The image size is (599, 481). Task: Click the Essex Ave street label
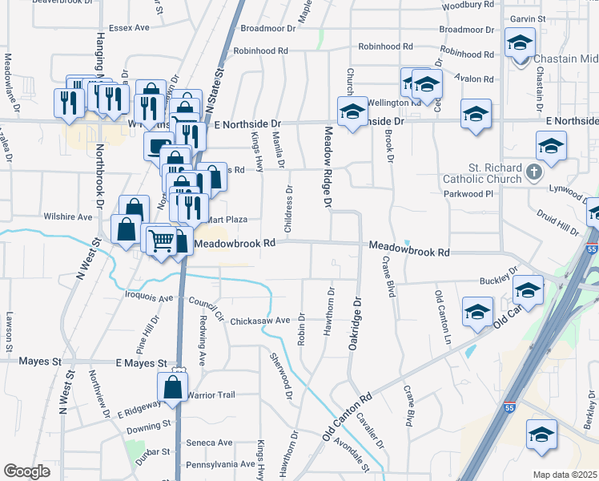130,27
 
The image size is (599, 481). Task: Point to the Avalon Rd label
472,79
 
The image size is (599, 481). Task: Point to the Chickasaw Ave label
259,321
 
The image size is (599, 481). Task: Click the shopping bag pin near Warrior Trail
174,387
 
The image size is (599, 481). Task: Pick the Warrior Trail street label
211,395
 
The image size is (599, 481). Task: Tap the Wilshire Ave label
68,216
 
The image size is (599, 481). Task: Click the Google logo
26,471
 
